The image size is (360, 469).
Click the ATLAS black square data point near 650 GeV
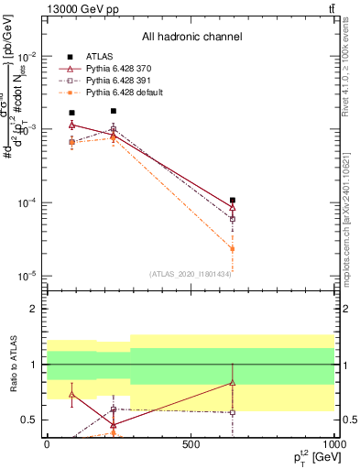click(233, 200)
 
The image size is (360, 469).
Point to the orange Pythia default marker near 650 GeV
click(233, 248)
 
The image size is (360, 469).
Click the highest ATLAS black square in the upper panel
click(114, 111)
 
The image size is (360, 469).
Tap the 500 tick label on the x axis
click(191, 444)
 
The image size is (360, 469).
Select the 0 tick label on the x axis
click(47, 444)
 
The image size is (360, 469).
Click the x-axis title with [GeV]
click(312, 458)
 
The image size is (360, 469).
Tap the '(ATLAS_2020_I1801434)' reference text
click(190, 274)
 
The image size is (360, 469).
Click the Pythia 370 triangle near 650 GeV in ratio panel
click(233, 383)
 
